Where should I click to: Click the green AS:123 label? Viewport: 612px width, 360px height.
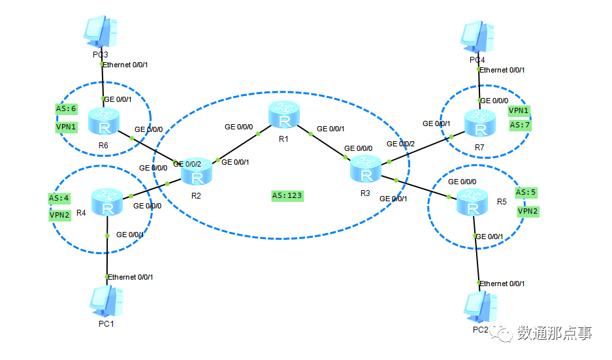(x=287, y=195)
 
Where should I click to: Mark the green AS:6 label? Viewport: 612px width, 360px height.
(x=67, y=108)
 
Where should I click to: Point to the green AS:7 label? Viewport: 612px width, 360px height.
(x=519, y=125)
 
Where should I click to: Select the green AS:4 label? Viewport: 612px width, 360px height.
(x=59, y=198)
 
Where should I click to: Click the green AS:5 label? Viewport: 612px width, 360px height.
(x=526, y=193)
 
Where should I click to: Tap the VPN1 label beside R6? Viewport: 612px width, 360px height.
(x=66, y=127)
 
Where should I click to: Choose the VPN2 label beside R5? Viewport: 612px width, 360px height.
(x=528, y=211)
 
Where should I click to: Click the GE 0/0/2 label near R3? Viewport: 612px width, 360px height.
(x=400, y=144)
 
